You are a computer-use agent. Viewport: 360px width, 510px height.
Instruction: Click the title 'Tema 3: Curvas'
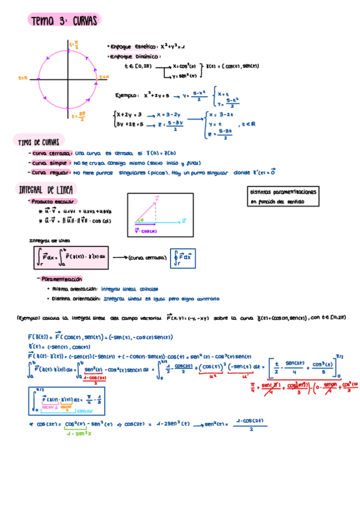(64, 21)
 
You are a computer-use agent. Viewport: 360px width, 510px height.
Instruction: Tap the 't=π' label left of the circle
(23, 78)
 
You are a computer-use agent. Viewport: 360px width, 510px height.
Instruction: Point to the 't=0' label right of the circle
(104, 77)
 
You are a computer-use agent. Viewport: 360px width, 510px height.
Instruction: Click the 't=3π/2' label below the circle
(78, 115)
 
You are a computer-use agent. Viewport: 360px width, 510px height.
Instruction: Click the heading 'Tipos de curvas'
(38, 142)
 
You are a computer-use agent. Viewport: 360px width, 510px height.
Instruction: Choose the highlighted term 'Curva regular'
(52, 173)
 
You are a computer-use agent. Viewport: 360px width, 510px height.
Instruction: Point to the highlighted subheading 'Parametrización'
(62, 279)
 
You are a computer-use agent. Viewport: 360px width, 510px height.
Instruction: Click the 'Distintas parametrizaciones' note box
(283, 196)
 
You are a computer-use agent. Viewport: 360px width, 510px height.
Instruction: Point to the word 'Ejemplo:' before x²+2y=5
(127, 95)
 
